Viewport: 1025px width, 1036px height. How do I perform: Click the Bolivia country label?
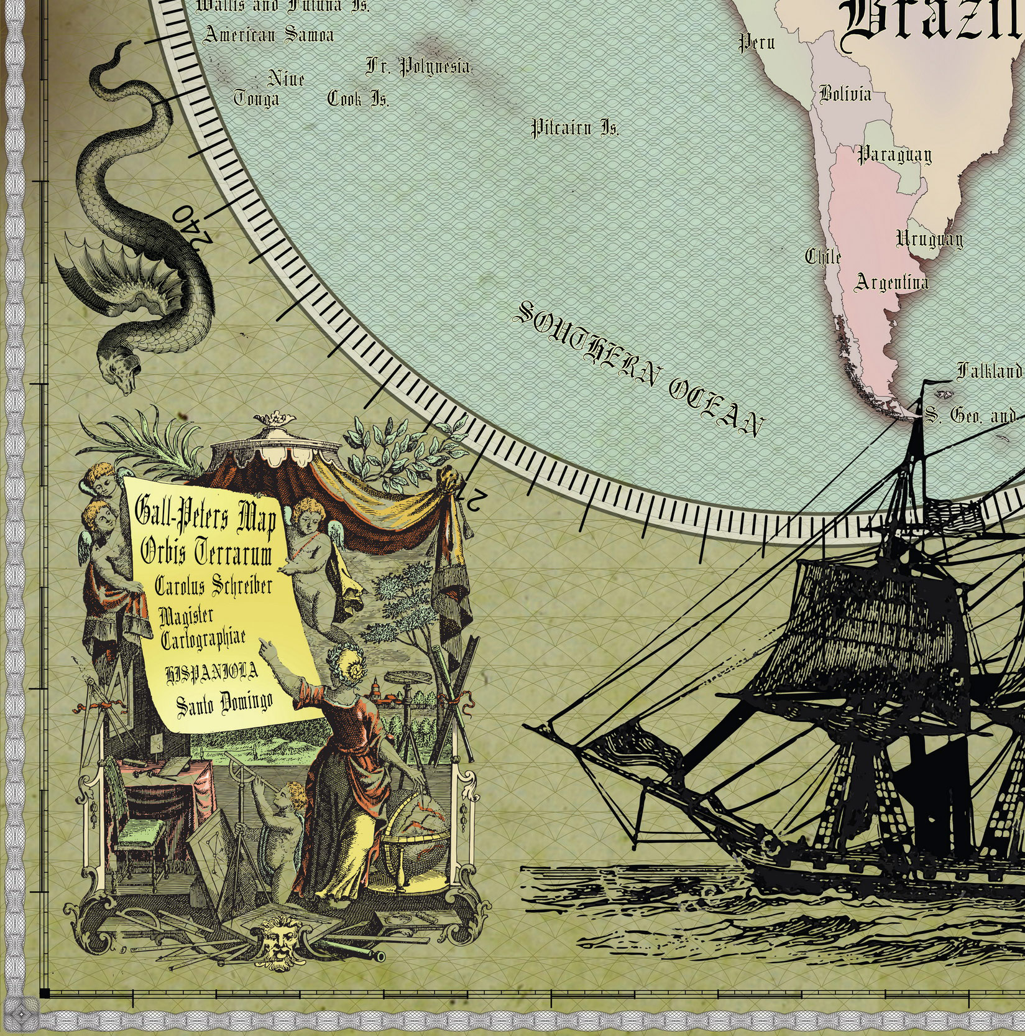pos(845,94)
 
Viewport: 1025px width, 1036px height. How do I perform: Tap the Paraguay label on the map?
pos(894,154)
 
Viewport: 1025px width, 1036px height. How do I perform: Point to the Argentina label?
pos(891,282)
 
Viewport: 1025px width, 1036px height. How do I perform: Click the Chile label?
pos(824,256)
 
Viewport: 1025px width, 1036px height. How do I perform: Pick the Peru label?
pos(756,42)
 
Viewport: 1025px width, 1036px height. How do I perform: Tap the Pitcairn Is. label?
pos(575,129)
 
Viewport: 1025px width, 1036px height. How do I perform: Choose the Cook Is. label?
pos(358,99)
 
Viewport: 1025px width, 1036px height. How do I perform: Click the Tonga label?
pos(256,99)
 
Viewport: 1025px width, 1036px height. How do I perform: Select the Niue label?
pos(286,79)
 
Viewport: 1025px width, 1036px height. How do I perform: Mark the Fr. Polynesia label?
pos(418,66)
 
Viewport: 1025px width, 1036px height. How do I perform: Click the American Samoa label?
pos(269,34)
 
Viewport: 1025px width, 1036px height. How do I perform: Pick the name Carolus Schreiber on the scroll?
pos(213,585)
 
